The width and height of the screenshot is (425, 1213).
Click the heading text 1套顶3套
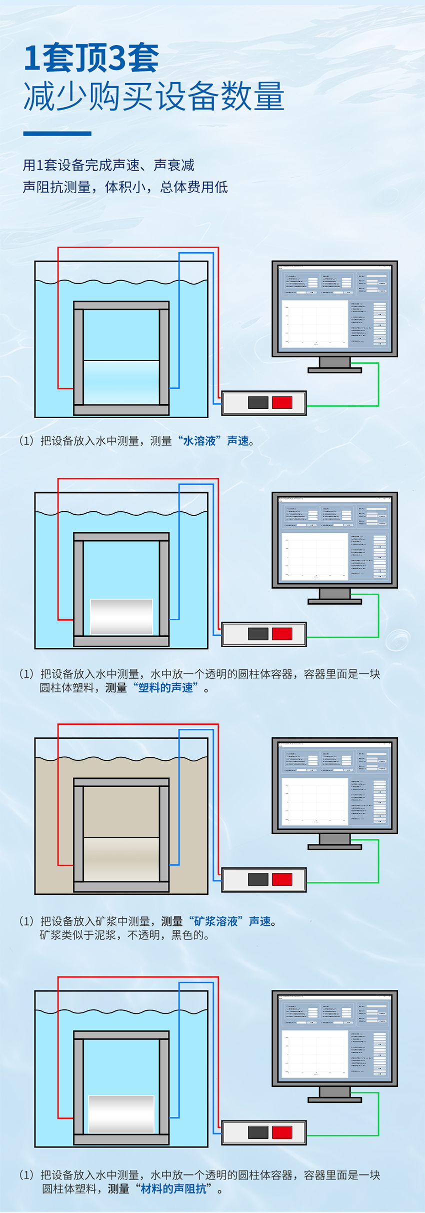91,58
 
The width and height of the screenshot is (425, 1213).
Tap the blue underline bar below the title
57,134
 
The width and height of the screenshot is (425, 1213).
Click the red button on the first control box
282,402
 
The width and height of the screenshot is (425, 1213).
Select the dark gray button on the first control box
258,402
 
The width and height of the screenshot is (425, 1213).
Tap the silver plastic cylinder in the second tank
121,617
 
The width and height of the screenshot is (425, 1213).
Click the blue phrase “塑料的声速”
166,688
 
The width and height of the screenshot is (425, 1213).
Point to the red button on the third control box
282,879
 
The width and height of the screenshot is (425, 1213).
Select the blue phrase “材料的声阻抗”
174,1188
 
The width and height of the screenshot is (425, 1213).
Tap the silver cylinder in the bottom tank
121,1114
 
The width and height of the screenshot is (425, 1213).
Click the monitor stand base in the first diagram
334,370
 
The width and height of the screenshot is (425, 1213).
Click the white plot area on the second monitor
315,555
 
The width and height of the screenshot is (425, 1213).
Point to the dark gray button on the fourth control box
258,1132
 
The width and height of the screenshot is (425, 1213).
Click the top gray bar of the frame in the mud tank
121,782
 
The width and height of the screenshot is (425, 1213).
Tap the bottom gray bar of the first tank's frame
121,410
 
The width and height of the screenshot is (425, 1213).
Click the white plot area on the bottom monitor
315,1052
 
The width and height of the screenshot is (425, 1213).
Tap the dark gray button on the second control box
258,634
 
